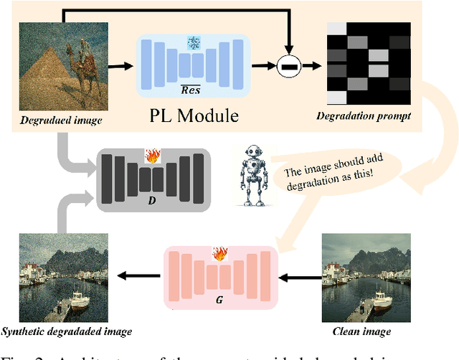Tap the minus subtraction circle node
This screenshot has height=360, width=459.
[x=289, y=68]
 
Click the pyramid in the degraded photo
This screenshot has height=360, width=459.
[x=50, y=79]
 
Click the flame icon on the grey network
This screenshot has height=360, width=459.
[x=151, y=156]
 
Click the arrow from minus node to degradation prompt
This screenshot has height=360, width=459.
[x=311, y=68]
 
